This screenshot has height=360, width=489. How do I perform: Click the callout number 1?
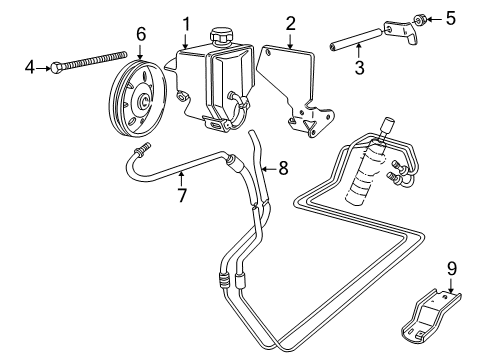[185, 23]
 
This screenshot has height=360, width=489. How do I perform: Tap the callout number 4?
[29, 67]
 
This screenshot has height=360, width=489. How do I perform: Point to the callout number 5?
[450, 18]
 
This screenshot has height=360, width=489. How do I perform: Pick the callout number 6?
[140, 34]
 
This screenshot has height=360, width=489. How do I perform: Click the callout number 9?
[451, 269]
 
